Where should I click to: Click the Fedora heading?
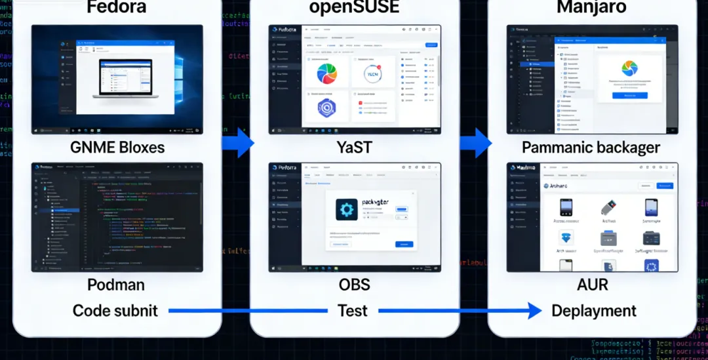coord(117,9)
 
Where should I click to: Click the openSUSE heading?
coord(355,9)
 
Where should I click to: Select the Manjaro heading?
coord(592,9)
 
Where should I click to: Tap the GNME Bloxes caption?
coord(117,147)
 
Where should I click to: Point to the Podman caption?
coord(116,285)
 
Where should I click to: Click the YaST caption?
coord(354,147)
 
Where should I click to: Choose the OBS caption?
coord(354,285)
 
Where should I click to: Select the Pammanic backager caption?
coord(591,148)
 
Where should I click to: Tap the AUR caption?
coord(593,285)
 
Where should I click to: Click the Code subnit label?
coord(115,310)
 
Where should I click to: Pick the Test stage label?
coord(353,310)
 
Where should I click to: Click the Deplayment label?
coord(594,310)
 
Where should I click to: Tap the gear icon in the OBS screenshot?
coord(347,209)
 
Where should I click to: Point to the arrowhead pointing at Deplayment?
coord(536,310)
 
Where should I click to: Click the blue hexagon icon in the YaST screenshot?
coord(326,108)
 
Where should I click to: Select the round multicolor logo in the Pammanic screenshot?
coord(629,68)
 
